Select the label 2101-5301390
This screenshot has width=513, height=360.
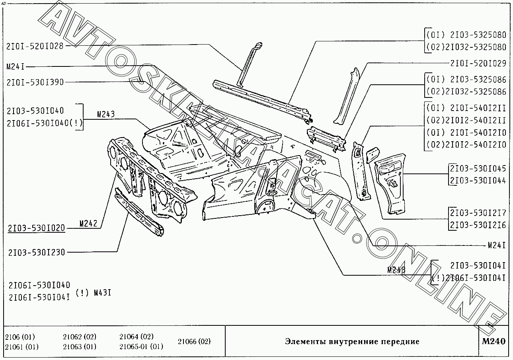[35, 82]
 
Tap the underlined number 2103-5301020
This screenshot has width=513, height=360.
[36, 228]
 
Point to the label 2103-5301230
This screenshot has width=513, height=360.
[36, 252]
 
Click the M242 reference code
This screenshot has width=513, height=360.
[88, 224]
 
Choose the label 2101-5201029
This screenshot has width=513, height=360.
[478, 63]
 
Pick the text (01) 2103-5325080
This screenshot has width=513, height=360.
[466, 35]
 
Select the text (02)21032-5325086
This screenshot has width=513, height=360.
[466, 92]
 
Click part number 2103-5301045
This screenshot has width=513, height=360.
[478, 168]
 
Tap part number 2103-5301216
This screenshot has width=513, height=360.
[478, 225]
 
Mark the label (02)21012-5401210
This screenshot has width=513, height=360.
[466, 144]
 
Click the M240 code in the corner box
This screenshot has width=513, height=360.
[493, 341]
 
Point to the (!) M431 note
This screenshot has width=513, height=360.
[93, 294]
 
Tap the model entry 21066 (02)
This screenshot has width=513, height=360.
[194, 341]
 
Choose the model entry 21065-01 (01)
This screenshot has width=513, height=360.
[141, 346]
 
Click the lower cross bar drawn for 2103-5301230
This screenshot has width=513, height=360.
[139, 213]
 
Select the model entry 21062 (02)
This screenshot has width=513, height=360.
[80, 337]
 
